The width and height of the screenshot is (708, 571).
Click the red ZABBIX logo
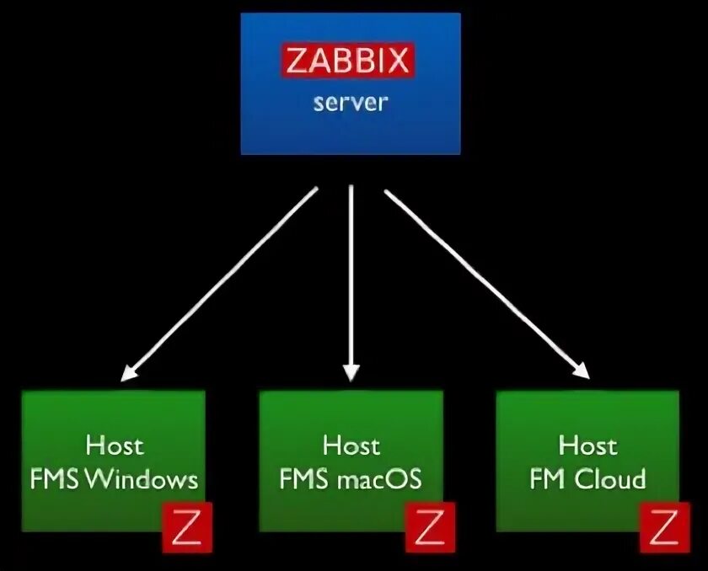347,61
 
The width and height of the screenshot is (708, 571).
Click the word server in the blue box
351,104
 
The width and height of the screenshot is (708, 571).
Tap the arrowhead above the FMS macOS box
351,373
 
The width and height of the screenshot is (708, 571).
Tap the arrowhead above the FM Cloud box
580,371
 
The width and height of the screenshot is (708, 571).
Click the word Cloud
610,480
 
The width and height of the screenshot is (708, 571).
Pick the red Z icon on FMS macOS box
430,529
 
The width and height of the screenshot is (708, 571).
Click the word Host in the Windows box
114,445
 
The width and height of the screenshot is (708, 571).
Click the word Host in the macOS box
351,445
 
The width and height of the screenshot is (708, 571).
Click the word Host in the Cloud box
587,445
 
